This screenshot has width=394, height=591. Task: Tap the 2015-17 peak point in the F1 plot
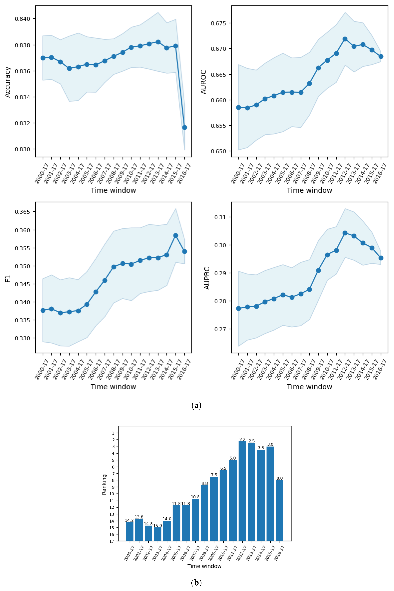(176, 235)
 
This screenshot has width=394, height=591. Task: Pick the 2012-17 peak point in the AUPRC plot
(345, 233)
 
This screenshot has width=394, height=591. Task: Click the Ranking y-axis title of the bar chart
(104, 484)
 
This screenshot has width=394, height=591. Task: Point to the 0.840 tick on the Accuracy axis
(23, 19)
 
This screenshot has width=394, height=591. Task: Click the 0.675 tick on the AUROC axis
(219, 23)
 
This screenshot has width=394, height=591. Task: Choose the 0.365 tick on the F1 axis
(23, 212)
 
